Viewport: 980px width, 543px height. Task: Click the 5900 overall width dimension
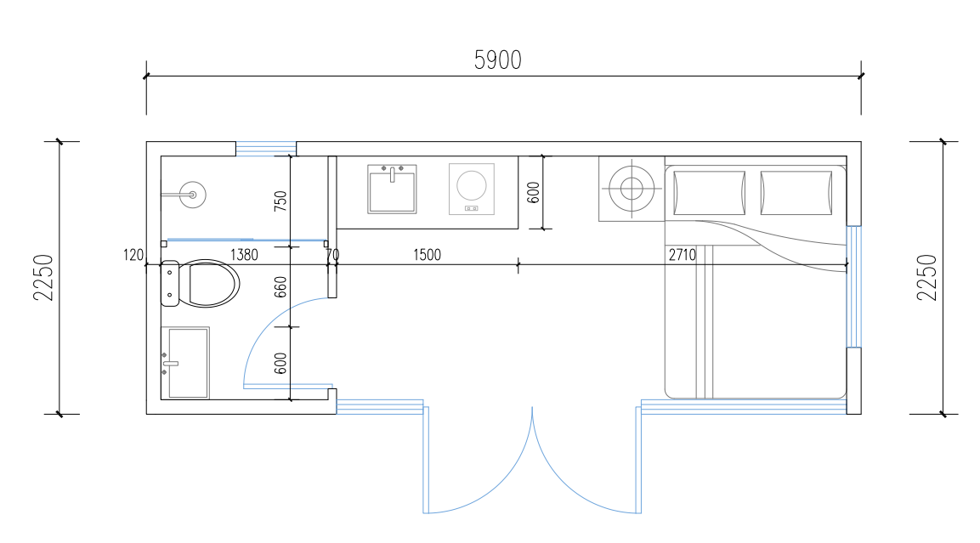coord(497,60)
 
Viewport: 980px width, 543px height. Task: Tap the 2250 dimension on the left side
coord(43,277)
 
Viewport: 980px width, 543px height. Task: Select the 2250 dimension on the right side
coord(926,277)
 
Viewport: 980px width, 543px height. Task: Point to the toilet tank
coord(170,284)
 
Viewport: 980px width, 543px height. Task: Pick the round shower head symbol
coord(192,195)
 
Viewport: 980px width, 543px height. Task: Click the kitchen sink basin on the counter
coord(392,189)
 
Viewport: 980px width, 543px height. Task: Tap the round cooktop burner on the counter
coord(472,185)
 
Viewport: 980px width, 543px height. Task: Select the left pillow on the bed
coord(710,193)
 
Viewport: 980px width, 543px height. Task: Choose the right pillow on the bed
coord(796,193)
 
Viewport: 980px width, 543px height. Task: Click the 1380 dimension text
coord(244,255)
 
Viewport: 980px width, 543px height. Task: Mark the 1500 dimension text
coord(427,255)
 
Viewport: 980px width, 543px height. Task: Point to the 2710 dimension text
coord(682,255)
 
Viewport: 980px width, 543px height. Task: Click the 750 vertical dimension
coord(280,201)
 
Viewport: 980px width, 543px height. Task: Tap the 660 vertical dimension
coord(280,287)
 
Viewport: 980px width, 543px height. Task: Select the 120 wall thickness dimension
coord(133,255)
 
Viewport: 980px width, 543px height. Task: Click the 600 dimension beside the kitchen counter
coord(533,192)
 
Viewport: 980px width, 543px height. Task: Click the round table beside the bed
coord(632,188)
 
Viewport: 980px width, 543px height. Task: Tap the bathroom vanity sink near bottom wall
coord(185,362)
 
